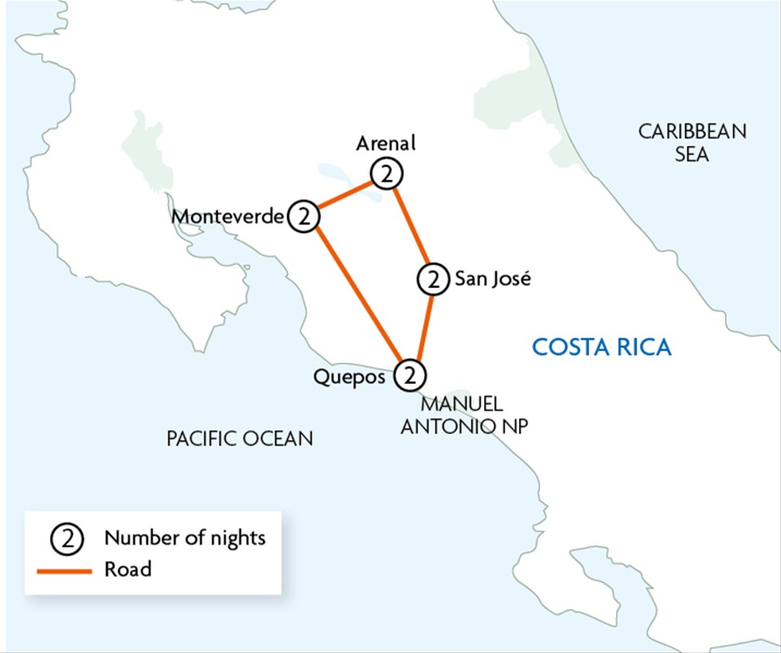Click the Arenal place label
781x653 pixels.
tap(386, 144)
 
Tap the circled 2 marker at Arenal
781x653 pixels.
tap(386, 174)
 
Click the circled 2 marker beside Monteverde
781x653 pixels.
tap(303, 217)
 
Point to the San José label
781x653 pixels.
tap(492, 279)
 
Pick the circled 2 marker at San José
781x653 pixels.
tap(434, 280)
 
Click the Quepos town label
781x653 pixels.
tap(349, 377)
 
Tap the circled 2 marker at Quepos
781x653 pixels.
tap(410, 376)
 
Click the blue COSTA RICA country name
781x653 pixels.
tap(601, 348)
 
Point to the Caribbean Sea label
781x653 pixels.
tap(692, 142)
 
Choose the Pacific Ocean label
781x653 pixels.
tap(239, 439)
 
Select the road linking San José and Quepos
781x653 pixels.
tap(424, 326)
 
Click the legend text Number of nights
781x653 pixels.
tap(185, 538)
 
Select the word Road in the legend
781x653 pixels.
tap(128, 569)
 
